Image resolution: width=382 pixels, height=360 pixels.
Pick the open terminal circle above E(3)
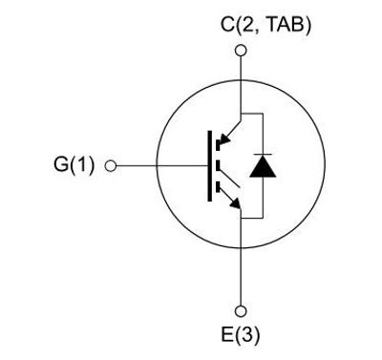240,309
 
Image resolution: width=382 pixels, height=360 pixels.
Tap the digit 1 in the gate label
81,164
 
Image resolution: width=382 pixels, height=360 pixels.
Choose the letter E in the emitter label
226,334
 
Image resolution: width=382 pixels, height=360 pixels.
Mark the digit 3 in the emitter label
244,334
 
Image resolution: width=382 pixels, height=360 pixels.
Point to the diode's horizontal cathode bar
261,155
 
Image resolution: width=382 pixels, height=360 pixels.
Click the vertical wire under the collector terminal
240,81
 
